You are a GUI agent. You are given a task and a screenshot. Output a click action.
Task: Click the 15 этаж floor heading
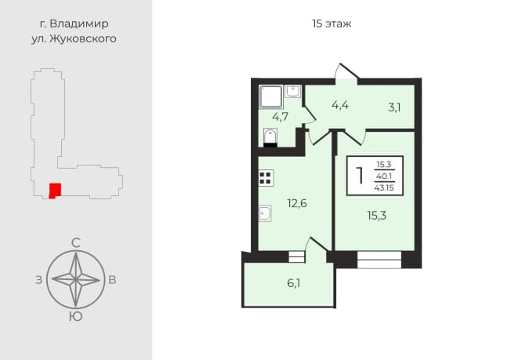click(x=332, y=24)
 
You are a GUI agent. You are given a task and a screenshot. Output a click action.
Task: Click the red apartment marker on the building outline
click(x=55, y=191)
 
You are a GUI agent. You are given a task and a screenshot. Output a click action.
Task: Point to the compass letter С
click(x=76, y=243)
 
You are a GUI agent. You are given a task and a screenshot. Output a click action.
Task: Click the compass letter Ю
click(x=75, y=316)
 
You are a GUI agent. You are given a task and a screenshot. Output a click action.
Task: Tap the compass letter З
click(x=39, y=280)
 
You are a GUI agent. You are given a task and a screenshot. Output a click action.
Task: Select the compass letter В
click(x=112, y=280)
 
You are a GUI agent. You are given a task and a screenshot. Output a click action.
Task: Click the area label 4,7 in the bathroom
click(x=281, y=116)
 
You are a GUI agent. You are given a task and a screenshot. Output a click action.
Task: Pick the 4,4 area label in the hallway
click(x=340, y=105)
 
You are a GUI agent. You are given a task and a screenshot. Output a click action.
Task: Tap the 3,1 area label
click(x=394, y=107)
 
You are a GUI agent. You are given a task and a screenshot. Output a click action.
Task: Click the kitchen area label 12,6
click(x=297, y=203)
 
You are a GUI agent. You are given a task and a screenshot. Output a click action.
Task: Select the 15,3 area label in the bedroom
click(x=377, y=216)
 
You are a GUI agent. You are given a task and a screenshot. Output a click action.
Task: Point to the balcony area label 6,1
click(x=294, y=283)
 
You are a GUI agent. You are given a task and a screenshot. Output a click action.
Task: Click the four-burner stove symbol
click(x=266, y=178)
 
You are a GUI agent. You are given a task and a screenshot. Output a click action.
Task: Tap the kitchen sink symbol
click(x=265, y=213)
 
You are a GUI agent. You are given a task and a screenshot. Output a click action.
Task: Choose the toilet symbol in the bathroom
click(x=270, y=137)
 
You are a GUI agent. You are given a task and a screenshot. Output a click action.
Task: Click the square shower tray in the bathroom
click(x=271, y=96)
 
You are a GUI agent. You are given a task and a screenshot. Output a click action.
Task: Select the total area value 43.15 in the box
click(x=384, y=188)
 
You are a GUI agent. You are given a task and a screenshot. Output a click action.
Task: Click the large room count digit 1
click(x=360, y=176)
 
